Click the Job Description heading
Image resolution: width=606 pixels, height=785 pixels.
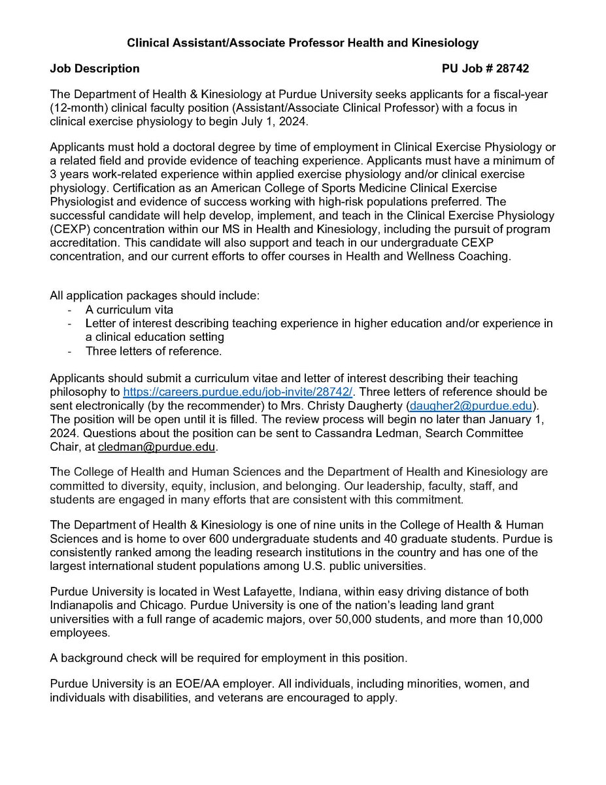pyautogui.click(x=95, y=68)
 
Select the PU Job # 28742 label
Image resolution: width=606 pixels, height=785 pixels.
pyautogui.click(x=486, y=68)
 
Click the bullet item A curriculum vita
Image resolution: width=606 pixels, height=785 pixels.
pyautogui.click(x=129, y=310)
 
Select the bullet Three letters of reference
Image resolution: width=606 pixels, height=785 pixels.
pyautogui.click(x=154, y=351)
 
